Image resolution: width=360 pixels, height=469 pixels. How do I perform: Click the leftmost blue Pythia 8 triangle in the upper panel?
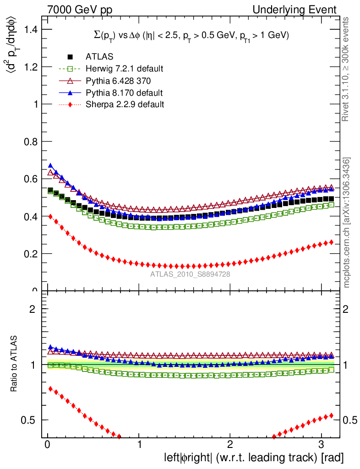pos(51,165)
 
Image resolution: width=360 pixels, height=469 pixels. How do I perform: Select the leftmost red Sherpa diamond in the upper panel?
pos(51,216)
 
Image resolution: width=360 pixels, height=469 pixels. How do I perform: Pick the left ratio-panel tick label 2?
pos(33,309)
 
